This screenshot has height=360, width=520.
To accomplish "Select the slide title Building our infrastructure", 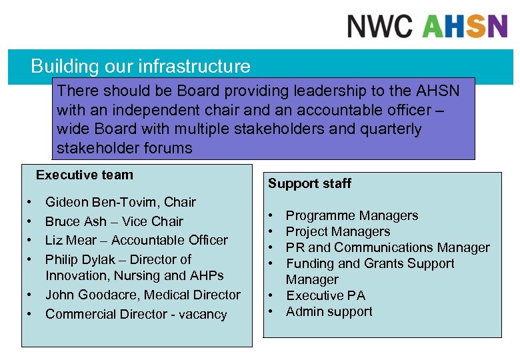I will [x=141, y=67].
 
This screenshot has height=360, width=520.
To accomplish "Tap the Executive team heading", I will [x=85, y=175].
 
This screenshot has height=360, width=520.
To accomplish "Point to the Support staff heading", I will [x=309, y=183].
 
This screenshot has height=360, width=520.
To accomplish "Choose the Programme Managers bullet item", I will [x=352, y=215].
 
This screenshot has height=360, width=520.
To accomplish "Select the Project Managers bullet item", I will [x=338, y=231].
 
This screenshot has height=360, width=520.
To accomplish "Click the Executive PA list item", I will [x=326, y=295].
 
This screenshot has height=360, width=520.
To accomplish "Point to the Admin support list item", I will [x=329, y=311].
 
